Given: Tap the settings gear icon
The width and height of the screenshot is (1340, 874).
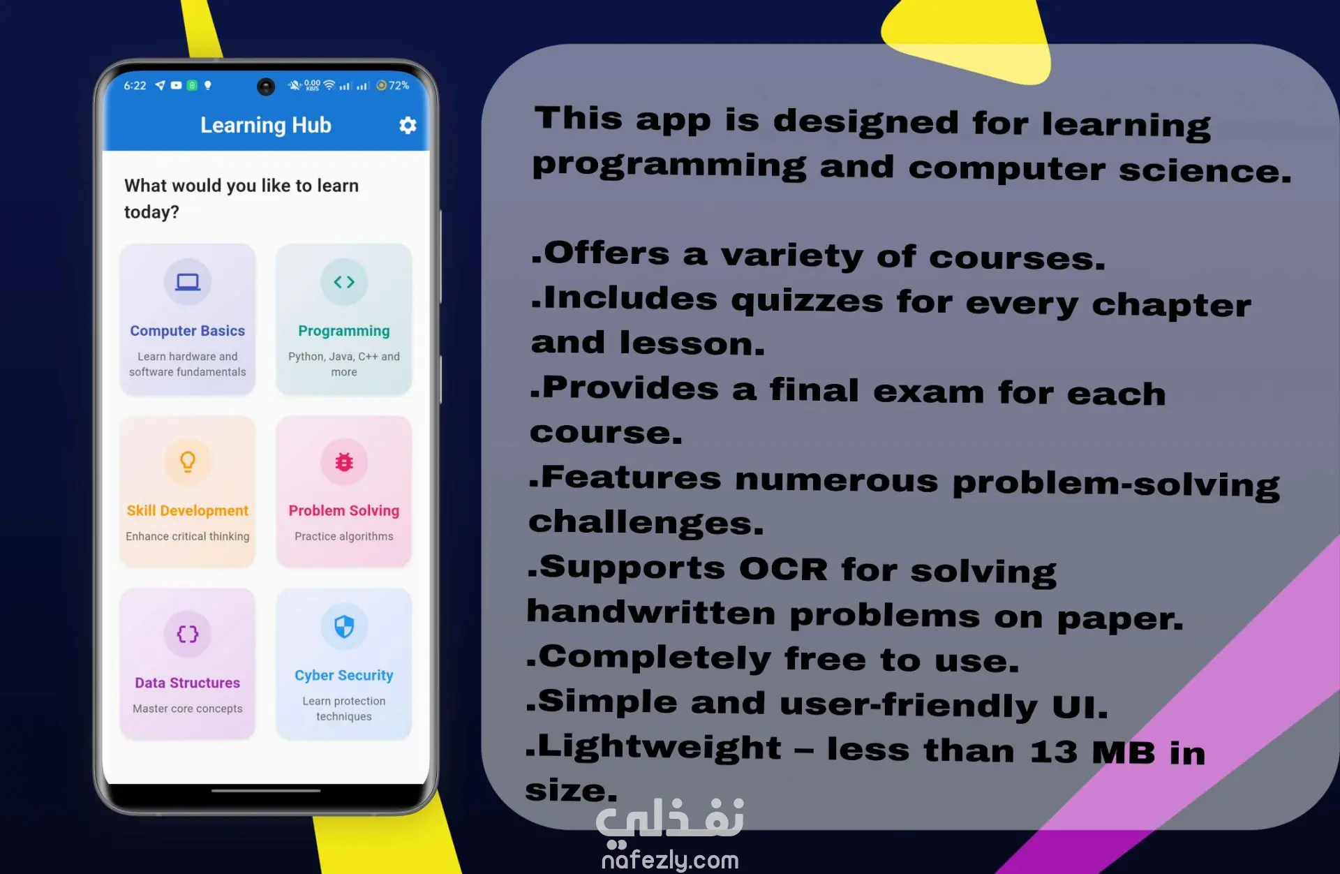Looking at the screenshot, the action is (408, 125).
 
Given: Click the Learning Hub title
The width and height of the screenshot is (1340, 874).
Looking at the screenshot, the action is (266, 125).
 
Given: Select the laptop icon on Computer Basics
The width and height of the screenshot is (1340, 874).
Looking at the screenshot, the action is (188, 282).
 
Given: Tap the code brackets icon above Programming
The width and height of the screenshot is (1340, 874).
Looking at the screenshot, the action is (344, 282).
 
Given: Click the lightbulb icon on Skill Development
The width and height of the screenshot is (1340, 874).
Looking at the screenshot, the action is (188, 461).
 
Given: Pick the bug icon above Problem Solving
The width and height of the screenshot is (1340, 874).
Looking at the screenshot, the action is (344, 461).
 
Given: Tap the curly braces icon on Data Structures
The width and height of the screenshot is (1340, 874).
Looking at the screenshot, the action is (188, 634).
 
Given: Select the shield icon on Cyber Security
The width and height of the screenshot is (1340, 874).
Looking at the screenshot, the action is (344, 626).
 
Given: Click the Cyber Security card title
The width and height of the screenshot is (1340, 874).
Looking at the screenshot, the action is (344, 675).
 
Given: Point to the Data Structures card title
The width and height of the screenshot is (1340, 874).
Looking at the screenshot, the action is (188, 683).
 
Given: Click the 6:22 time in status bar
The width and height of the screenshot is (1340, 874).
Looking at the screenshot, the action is (135, 85).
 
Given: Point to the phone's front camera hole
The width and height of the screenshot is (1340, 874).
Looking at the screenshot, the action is (266, 86).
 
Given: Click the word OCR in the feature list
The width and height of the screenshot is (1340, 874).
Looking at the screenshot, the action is (783, 568).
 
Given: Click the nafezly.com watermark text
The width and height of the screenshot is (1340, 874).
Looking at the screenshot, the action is (670, 860).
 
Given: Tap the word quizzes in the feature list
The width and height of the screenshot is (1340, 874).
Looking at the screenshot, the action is (807, 301).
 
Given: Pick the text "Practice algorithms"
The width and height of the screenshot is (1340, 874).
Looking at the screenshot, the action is (344, 536).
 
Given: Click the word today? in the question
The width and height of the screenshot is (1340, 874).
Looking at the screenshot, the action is (151, 212).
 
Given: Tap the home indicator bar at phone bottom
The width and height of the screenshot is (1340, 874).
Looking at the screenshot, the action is (266, 791).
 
